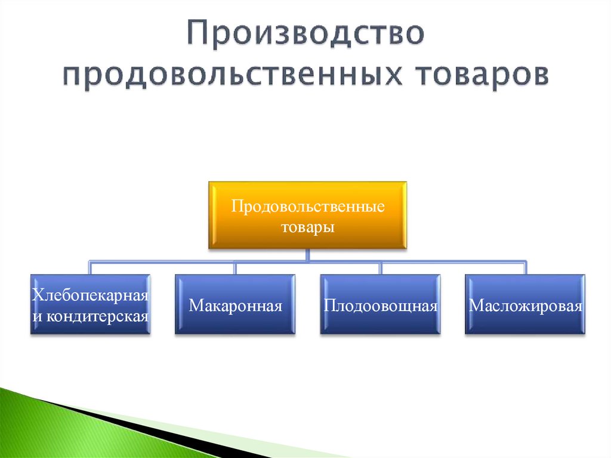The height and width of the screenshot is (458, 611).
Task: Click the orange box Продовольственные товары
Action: pyautogui.click(x=307, y=215)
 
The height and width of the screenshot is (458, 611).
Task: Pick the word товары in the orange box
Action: pyautogui.click(x=307, y=228)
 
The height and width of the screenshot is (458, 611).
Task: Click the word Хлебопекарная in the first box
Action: pyautogui.click(x=90, y=295)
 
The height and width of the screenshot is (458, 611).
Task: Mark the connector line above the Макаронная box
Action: pyautogui.click(x=235, y=268)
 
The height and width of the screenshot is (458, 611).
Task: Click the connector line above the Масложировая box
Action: pyautogui.click(x=525, y=268)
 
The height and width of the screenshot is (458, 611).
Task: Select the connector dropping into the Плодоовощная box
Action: pyautogui.click(x=381, y=268)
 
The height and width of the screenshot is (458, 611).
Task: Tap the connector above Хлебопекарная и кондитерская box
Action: pyautogui.click(x=90, y=268)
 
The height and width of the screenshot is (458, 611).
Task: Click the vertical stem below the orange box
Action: pyautogui.click(x=307, y=255)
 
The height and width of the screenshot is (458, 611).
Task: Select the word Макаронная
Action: pyautogui.click(x=235, y=306)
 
